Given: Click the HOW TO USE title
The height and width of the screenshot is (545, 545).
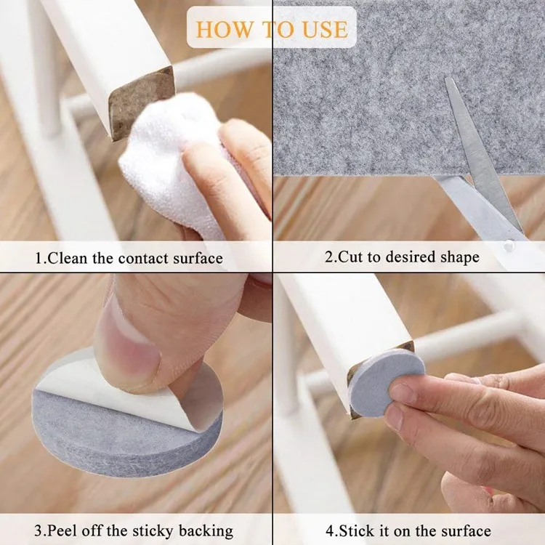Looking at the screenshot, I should click(272, 29).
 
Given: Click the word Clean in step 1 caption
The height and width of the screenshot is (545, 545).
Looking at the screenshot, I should click(71, 258).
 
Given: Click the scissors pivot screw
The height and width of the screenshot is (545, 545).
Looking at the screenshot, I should click(509, 246).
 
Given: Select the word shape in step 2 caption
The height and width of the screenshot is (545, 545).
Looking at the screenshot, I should click(460, 258).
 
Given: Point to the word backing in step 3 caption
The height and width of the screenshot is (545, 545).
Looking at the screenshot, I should click(203, 530).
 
